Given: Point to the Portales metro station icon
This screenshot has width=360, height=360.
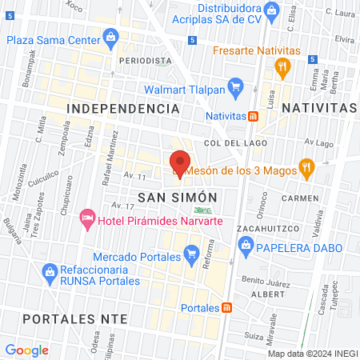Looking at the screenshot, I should pyautogui.click(x=227, y=307).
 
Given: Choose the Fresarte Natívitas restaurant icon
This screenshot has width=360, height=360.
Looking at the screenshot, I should pyautogui.click(x=281, y=69).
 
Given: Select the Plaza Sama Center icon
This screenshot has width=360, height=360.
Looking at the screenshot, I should pyautogui.click(x=110, y=34).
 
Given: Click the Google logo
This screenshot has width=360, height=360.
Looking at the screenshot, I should pyautogui.click(x=26, y=350).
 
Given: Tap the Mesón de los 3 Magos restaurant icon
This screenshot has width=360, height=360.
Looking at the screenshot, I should pyautogui.click(x=306, y=167).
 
